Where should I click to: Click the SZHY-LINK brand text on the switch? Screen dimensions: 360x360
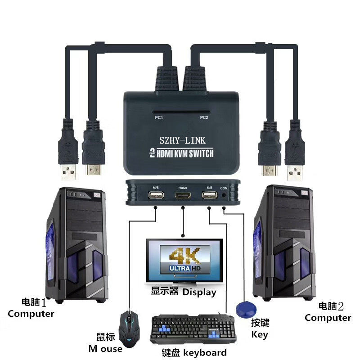pos(182,139)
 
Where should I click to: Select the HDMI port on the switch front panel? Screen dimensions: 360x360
pos(183,196)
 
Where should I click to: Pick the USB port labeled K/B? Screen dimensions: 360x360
pos(210,195)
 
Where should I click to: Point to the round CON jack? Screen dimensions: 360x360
pos(224,196)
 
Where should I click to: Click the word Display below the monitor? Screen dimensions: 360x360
pos(199,292)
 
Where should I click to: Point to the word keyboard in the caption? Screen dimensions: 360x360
pos(205,352)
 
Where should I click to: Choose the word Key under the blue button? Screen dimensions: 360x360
pos(260,334)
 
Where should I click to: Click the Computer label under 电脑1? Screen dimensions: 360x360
pos(31,314)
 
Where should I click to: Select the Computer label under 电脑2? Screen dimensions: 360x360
pos(328,318)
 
